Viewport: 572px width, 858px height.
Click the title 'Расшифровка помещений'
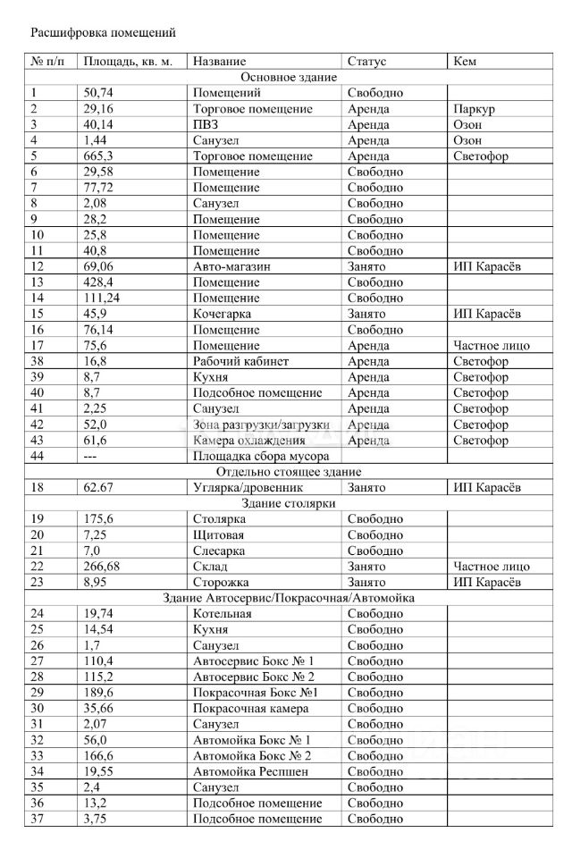tap(104, 33)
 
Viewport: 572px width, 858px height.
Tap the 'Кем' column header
tap(465, 62)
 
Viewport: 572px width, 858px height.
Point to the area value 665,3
tap(98, 156)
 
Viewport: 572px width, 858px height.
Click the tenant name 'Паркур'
tap(474, 109)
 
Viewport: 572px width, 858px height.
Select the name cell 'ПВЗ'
tap(206, 125)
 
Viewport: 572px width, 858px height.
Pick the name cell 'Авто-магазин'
tap(231, 266)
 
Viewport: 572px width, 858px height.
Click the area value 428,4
tap(98, 282)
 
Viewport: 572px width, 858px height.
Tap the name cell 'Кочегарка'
tap(222, 314)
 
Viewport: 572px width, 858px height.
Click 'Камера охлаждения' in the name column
tap(249, 441)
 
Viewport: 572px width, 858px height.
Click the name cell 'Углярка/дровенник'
tap(248, 488)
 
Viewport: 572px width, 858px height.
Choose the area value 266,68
tap(102, 567)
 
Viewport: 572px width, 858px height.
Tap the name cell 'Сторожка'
tap(219, 582)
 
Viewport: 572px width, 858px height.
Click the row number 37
tap(38, 819)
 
